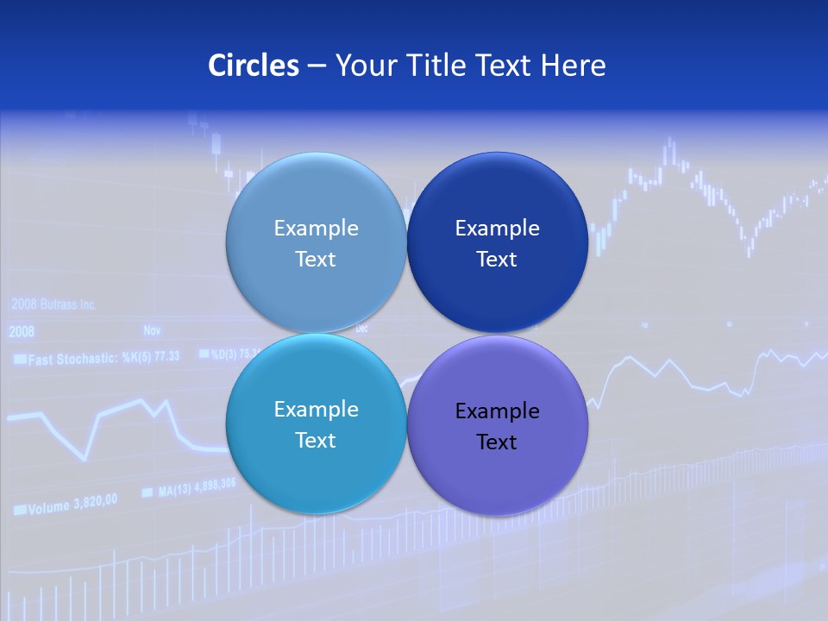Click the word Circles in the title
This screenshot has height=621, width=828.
pyautogui.click(x=253, y=66)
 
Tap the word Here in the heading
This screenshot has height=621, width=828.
pyautogui.click(x=573, y=66)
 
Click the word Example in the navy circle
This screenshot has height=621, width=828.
pyautogui.click(x=497, y=229)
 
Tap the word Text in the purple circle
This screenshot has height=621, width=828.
pyautogui.click(x=497, y=442)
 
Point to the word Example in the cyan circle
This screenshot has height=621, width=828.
pyautogui.click(x=316, y=410)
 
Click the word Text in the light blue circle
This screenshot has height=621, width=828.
pyautogui.click(x=316, y=260)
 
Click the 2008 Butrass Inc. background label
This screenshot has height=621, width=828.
pyautogui.click(x=53, y=304)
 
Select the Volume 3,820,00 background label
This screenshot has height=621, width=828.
pyautogui.click(x=66, y=506)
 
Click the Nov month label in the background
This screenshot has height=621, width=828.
pyautogui.click(x=152, y=329)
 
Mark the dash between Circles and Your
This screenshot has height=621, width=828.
pyautogui.click(x=316, y=66)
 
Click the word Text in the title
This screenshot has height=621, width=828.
pyautogui.click(x=505, y=66)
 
